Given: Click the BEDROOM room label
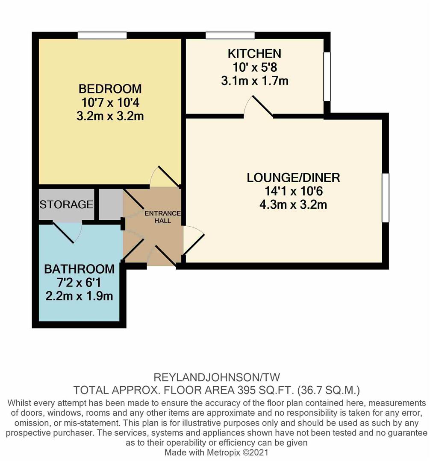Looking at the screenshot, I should coord(110,89).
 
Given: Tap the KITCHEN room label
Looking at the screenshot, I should coord(254,54).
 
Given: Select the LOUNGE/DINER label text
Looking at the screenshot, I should coord(293,178).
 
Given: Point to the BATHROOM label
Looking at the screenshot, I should coord(80,269).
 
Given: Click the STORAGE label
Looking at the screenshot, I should coord(66,204).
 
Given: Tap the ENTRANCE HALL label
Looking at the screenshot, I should coord(162,217).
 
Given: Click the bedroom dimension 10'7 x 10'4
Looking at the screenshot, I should coord(110,102).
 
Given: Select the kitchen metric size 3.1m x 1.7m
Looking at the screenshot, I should coord(254,80).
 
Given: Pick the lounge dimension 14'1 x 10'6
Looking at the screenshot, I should coord(293,191).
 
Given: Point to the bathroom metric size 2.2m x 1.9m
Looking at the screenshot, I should coord(80,296).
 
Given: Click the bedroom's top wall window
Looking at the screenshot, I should coord(102,35).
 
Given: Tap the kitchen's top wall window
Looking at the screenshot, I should coord(230,35).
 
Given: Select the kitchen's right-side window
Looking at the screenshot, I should coord(327,76).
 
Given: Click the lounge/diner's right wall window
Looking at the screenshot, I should coord(386,198).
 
